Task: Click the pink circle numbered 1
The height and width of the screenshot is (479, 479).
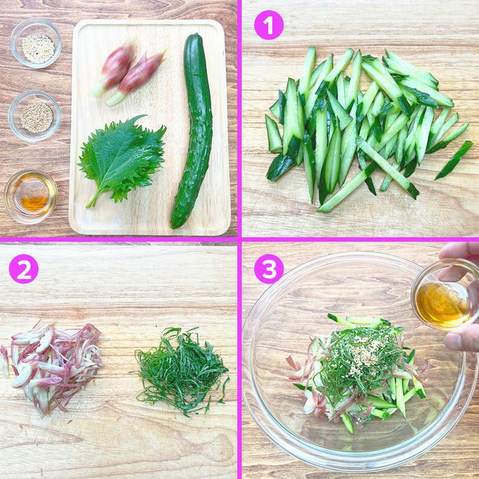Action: pyautogui.click(x=269, y=25)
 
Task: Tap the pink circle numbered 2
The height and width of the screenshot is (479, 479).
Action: pyautogui.click(x=24, y=269)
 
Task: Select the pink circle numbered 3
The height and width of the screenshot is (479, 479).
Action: pyautogui.click(x=269, y=269)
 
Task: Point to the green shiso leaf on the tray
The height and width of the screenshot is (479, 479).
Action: pyautogui.click(x=122, y=159)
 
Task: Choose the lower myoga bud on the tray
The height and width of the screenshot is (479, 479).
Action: pyautogui.click(x=136, y=78)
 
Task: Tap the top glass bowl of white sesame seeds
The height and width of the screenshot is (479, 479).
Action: pyautogui.click(x=36, y=42)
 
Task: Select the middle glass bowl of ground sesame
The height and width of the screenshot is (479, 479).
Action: pyautogui.click(x=34, y=116)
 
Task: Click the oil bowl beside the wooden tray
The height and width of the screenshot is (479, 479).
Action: pyautogui.click(x=31, y=196)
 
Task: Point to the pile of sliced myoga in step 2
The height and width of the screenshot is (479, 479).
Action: pyautogui.click(x=52, y=368)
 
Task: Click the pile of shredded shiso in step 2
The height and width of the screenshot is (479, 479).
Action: pyautogui.click(x=182, y=370)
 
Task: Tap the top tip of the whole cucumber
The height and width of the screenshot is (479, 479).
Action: pyautogui.click(x=196, y=35)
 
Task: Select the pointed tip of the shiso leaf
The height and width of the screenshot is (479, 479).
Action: pyautogui.click(x=145, y=116)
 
